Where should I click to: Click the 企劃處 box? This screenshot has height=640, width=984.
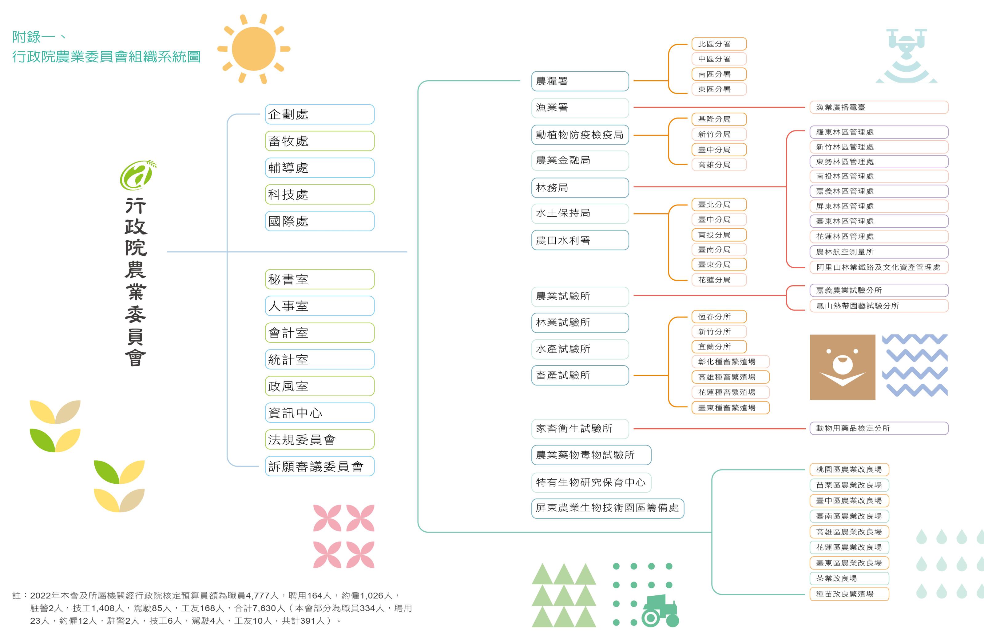[x=319, y=114]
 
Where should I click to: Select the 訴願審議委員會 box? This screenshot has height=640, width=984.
[x=319, y=466]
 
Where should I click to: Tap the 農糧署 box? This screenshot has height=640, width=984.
[x=580, y=81]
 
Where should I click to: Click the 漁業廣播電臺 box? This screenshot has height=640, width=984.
[x=879, y=107]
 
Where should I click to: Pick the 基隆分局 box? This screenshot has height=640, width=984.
[x=719, y=119]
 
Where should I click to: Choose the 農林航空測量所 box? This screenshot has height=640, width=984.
[x=879, y=251]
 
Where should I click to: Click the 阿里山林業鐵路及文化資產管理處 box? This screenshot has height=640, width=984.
[x=879, y=267]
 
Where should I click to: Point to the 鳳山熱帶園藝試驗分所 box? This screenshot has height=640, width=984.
[x=879, y=306]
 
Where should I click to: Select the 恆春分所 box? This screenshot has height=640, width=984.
[x=719, y=317]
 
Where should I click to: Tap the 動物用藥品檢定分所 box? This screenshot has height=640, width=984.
[x=879, y=428]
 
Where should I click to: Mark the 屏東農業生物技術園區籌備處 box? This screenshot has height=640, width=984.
[x=607, y=508]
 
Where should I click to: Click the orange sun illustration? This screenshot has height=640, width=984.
[x=253, y=49]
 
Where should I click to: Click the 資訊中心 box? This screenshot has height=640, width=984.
[x=319, y=413]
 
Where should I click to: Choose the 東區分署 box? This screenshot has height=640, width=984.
[x=719, y=89]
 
